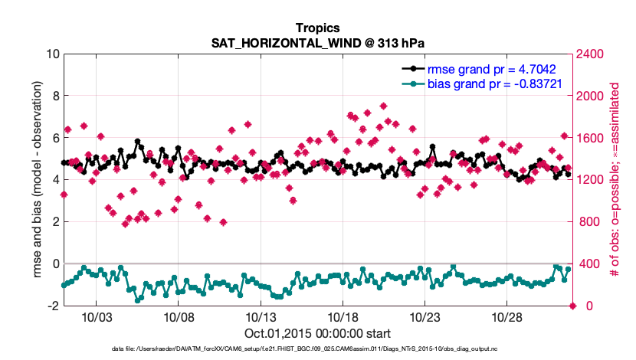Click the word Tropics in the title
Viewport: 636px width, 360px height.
[x=317, y=28]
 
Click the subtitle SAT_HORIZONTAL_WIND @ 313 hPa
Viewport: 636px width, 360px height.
[x=317, y=43]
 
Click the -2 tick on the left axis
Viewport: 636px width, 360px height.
[x=53, y=306]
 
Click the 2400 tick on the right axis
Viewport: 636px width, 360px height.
[x=592, y=54]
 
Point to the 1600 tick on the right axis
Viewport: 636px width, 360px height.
[x=592, y=138]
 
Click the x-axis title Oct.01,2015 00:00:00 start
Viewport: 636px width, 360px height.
[x=317, y=333]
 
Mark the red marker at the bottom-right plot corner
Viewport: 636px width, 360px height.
[x=572, y=306]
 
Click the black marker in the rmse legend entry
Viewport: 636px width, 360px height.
[x=414, y=67]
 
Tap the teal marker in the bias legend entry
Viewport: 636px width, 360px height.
[x=414, y=83]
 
